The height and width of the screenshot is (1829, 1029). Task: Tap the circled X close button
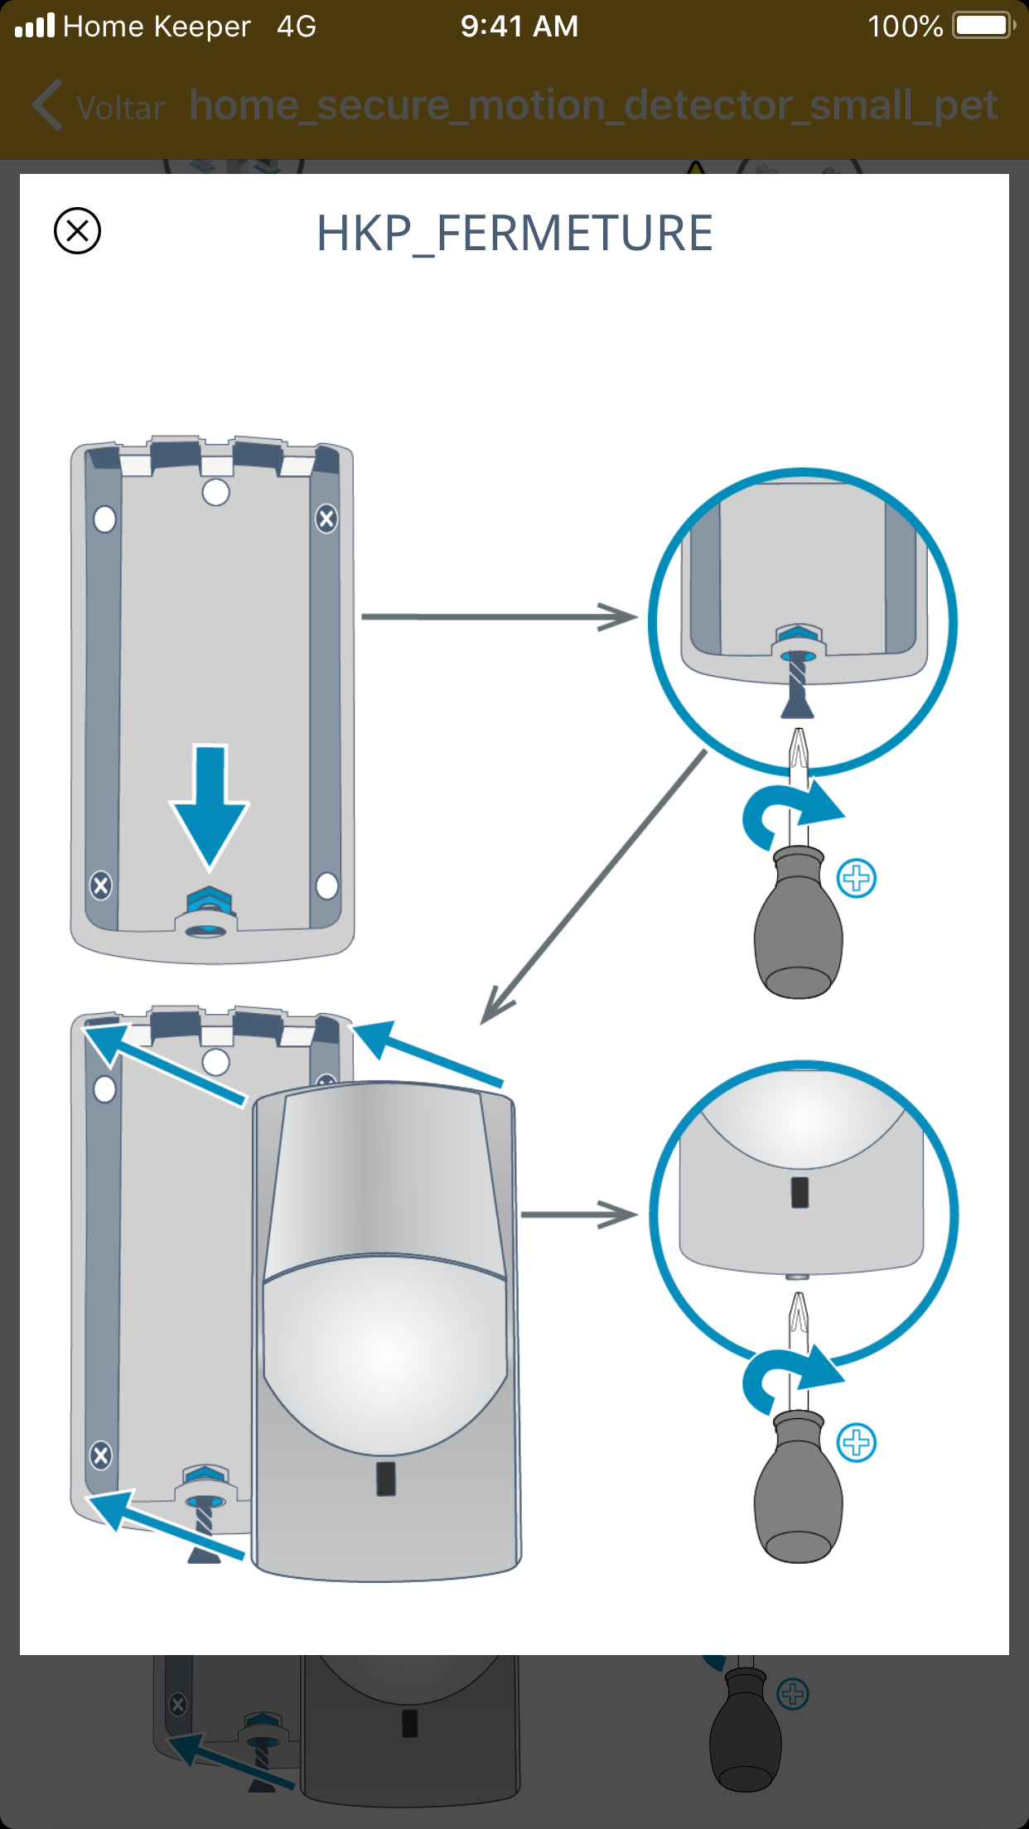pos(77,230)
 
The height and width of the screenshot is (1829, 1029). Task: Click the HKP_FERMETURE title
pos(514,234)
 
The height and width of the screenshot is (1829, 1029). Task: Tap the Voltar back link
pos(100,107)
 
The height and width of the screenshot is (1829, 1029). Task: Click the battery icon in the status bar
pos(983,26)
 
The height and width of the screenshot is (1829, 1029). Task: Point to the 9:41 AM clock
pos(519,27)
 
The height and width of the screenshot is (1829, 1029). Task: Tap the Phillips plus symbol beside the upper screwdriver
pos(857,878)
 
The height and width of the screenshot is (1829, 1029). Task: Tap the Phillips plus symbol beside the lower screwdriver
pos(857,1443)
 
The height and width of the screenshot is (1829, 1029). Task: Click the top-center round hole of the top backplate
pos(215,492)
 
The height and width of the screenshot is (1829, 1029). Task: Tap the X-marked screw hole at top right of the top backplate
pos(326,519)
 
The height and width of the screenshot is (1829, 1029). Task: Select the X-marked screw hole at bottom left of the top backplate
pos(101,886)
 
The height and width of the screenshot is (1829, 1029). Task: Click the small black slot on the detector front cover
pos(386,1479)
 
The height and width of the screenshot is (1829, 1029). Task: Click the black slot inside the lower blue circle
pos(800,1193)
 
